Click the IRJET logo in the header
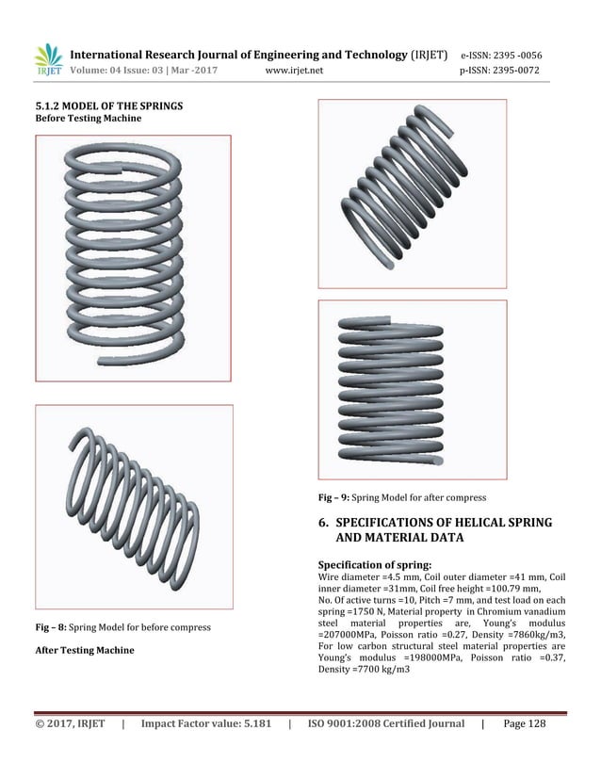(48, 59)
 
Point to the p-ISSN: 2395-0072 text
(505, 71)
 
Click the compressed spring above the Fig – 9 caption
(413, 386)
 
